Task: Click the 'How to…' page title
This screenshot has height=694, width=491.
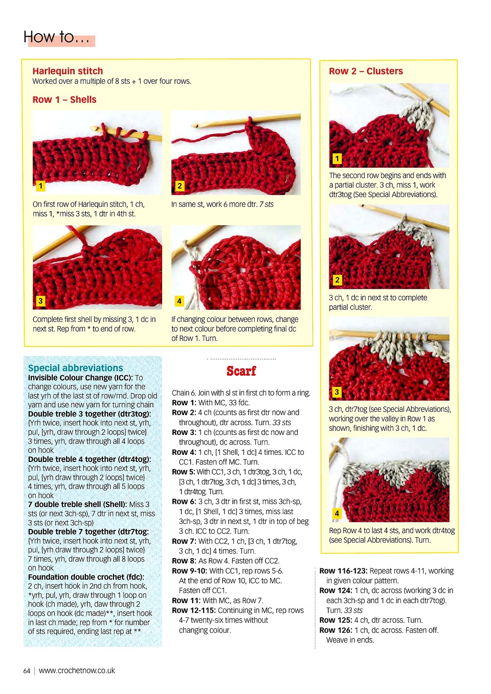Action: [x=56, y=37]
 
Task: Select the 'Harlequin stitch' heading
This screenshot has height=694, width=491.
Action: [x=68, y=71]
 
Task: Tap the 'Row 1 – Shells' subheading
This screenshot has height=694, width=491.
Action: [x=64, y=100]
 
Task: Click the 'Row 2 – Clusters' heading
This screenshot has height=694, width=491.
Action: [x=366, y=71]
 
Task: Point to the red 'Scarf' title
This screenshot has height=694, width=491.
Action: [x=241, y=371]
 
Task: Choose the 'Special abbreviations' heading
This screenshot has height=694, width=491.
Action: [x=75, y=368]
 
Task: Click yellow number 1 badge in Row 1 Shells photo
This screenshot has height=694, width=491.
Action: [x=40, y=186]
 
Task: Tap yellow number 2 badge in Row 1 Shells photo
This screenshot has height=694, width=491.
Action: [x=180, y=186]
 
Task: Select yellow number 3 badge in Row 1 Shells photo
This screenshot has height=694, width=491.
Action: [x=40, y=301]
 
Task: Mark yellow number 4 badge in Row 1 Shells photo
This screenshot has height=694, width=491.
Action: [x=179, y=301]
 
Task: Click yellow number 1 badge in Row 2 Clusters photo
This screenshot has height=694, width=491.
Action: [x=337, y=158]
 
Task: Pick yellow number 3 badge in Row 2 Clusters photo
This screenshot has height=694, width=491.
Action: [x=337, y=392]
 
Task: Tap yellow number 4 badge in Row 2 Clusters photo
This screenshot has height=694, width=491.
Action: [x=337, y=513]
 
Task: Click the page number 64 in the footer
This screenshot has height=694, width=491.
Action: [x=27, y=671]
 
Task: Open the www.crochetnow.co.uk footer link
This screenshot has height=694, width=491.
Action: [x=77, y=670]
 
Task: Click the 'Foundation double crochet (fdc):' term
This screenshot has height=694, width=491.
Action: [x=86, y=577]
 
